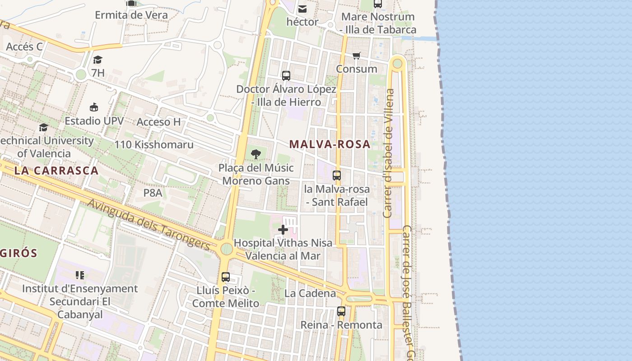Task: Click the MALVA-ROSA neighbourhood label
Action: (330, 144)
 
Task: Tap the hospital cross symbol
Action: (283, 230)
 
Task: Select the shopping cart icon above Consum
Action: (357, 56)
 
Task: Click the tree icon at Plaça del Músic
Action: (256, 154)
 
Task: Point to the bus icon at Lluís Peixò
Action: (226, 277)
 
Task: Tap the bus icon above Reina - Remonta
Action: (341, 311)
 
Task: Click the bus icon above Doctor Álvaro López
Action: (286, 75)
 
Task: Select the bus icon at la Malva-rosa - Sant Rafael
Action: (337, 176)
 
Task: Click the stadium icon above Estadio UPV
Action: (94, 107)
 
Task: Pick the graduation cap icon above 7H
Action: (98, 60)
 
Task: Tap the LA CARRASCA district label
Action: (56, 171)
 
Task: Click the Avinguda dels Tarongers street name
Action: (149, 225)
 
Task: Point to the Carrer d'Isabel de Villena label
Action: (389, 153)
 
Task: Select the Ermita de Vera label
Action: (131, 15)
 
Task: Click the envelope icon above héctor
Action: (302, 9)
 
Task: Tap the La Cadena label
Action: (310, 293)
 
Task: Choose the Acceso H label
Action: (158, 122)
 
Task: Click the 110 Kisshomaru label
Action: (154, 145)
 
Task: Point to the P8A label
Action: (153, 193)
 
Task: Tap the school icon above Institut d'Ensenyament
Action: (80, 275)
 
